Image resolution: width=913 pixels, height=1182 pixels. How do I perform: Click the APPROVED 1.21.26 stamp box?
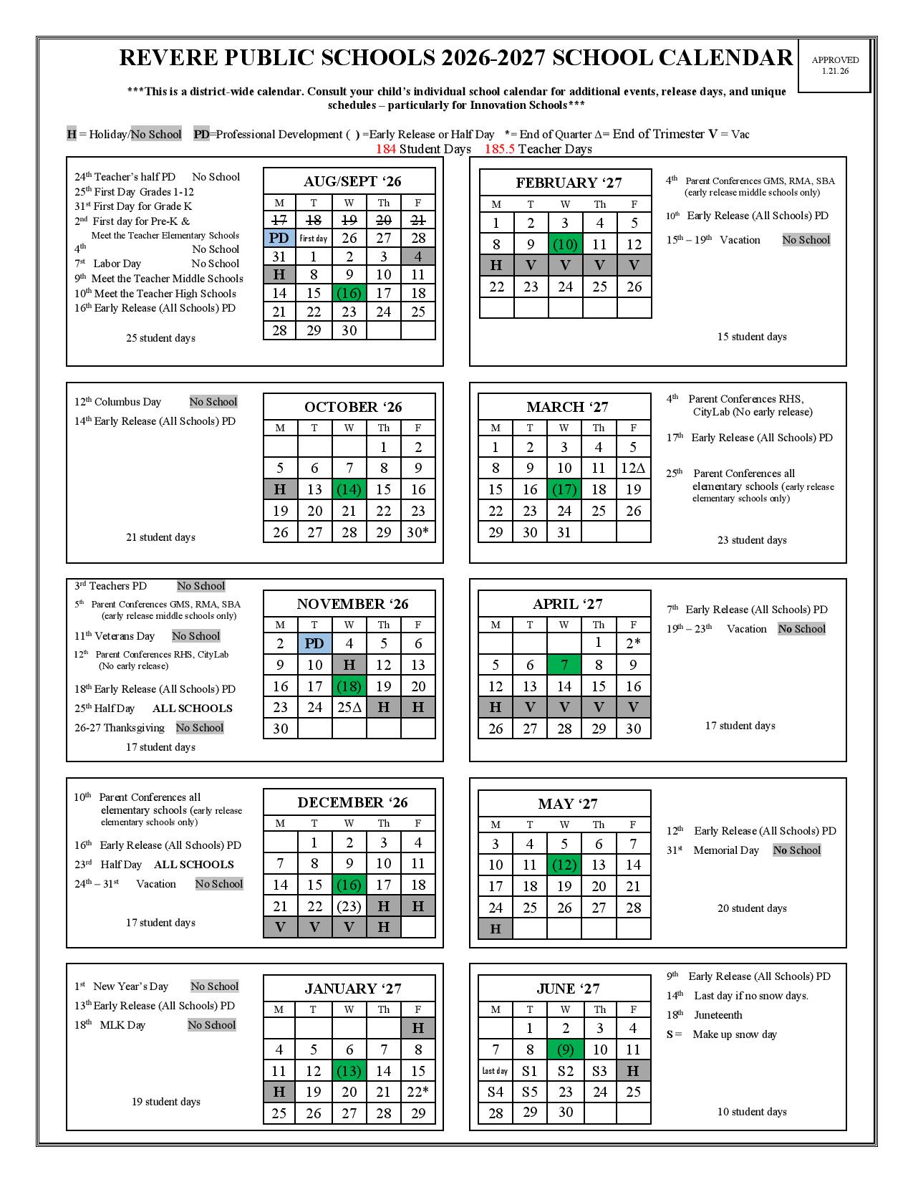[834, 65]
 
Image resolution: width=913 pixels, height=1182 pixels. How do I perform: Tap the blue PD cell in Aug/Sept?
[279, 238]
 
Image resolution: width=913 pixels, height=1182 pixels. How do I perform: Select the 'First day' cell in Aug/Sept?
[314, 239]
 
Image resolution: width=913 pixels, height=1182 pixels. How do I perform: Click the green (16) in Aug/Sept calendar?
[349, 293]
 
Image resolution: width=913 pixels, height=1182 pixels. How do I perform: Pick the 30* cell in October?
[418, 532]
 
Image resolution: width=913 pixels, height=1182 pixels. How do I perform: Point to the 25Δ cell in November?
[349, 708]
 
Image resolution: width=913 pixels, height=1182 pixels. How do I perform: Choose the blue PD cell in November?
[314, 643]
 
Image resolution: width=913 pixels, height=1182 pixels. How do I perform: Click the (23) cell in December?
[349, 906]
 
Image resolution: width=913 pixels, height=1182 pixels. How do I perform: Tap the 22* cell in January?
[418, 1092]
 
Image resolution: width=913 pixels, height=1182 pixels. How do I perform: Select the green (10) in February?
[565, 244]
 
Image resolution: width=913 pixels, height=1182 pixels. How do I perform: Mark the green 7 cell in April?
[564, 666]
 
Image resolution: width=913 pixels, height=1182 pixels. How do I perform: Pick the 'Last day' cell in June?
[495, 1071]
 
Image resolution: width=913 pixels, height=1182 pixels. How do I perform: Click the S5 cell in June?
[530, 1092]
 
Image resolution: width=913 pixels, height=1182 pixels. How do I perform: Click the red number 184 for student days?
[386, 149]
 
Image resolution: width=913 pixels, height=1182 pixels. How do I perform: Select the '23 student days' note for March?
[752, 540]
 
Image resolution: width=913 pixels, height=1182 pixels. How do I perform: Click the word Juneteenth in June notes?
[718, 1015]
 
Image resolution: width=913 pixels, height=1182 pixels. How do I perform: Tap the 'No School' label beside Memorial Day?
[796, 850]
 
